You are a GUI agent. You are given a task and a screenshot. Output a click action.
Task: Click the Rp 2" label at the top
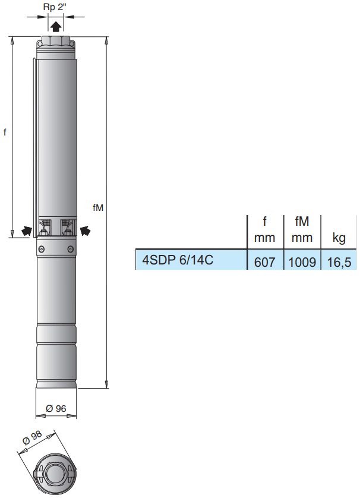pos(55,7)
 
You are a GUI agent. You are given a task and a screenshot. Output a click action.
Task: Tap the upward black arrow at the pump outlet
pos(55,26)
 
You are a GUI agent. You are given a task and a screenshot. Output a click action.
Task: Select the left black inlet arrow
pos(26,231)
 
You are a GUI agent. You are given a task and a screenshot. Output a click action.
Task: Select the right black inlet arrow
pos(86,230)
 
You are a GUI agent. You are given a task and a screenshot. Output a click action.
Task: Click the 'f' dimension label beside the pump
pos(5,133)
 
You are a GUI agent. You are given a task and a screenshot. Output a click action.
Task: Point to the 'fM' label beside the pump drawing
pos(98,207)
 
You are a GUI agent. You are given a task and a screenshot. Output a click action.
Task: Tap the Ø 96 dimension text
pos(55,408)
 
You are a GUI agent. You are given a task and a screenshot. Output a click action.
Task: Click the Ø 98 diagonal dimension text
pos(33,440)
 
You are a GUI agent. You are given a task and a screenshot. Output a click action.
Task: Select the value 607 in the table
pos(264,261)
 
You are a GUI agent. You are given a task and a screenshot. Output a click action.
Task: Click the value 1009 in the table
pos(302,261)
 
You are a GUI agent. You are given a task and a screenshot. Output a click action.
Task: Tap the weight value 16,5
pos(339,261)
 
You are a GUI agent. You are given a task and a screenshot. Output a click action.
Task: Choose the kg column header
pos(339,239)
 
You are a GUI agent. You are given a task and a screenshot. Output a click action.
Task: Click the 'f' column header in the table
pos(265,222)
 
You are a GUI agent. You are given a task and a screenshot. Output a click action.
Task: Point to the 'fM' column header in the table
pos(302,222)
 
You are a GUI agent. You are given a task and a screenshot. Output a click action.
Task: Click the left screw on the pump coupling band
pos(42,248)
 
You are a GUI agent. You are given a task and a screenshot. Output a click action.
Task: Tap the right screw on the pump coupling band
pos(71,248)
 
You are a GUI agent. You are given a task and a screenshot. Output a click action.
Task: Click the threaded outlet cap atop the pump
pos(56,42)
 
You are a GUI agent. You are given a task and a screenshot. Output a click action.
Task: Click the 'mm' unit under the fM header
pos(302,239)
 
